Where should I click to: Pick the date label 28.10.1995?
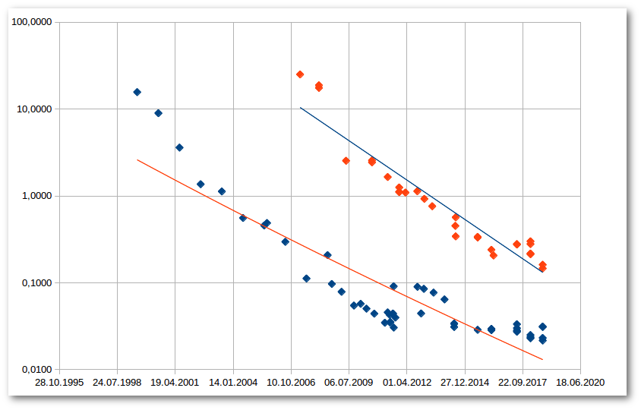(59, 383)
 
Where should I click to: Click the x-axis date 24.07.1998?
(117, 383)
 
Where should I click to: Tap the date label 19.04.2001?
(175, 383)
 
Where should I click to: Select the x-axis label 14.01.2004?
(233, 383)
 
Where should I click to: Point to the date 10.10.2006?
(291, 383)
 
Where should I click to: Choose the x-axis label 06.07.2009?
(349, 383)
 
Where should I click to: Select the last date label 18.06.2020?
(581, 383)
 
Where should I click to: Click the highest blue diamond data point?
(137, 92)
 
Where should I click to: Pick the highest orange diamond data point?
(300, 74)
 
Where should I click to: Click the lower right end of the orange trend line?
(542, 359)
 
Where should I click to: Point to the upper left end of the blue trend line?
(301, 108)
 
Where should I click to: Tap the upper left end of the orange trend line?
(137, 160)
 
